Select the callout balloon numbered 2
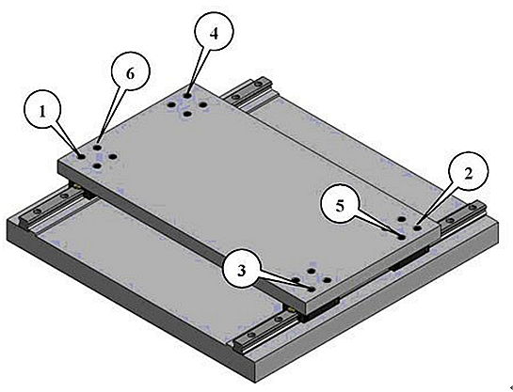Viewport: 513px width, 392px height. [x=469, y=170]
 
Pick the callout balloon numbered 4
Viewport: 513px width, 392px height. [x=214, y=32]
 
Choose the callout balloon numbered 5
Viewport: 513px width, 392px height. [x=340, y=207]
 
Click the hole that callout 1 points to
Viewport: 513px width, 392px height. [x=81, y=157]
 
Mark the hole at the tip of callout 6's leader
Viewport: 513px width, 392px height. [x=97, y=148]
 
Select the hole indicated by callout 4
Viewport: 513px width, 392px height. [x=187, y=96]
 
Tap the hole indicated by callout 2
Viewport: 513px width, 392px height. [x=418, y=228]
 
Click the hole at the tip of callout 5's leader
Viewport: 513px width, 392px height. [x=401, y=237]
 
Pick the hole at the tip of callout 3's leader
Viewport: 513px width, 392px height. [x=312, y=290]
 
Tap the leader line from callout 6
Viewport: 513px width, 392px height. [x=109, y=118]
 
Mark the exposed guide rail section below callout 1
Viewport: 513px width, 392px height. [x=54, y=208]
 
